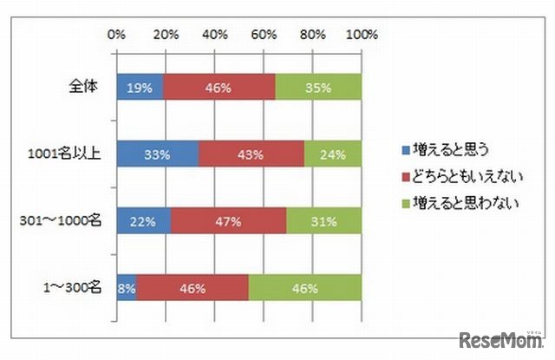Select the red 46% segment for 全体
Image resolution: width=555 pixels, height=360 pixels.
tap(219, 87)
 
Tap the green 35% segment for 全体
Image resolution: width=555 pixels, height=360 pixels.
tap(318, 87)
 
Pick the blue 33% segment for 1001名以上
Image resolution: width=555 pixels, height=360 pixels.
tap(157, 154)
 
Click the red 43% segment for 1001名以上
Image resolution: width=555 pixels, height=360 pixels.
tap(251, 154)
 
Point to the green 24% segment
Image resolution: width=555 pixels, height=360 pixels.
tap(332, 154)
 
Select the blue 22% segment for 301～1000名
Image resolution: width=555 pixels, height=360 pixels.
tap(143, 221)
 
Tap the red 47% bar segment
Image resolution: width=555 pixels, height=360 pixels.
tap(228, 221)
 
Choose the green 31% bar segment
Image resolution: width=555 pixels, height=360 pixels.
tap(323, 221)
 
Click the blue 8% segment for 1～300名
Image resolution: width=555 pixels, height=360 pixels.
tap(127, 288)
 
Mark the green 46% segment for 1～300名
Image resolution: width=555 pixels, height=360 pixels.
tap(305, 288)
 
